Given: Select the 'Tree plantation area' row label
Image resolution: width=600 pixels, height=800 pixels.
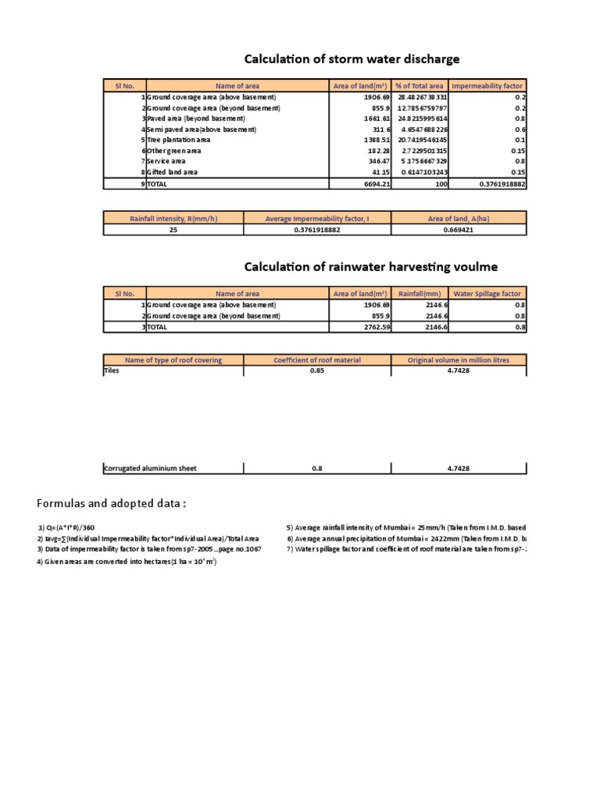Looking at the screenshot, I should (x=179, y=140).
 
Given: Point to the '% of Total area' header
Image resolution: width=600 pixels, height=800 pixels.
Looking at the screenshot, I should (x=420, y=86).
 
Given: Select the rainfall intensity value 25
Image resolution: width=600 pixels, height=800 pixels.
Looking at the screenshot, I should (x=173, y=230).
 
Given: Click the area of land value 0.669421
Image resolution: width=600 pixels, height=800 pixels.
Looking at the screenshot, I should (x=458, y=230).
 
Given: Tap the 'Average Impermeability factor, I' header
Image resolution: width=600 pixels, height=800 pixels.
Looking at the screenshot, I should (x=316, y=219).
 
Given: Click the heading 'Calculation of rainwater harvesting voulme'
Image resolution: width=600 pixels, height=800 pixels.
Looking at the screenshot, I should (x=370, y=267).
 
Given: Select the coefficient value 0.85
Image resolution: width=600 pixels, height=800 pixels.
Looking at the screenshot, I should (x=316, y=371).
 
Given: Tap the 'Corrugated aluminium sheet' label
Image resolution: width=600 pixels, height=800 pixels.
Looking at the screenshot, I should (x=150, y=469).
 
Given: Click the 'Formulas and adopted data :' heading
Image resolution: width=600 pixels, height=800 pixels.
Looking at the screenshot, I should (x=112, y=502).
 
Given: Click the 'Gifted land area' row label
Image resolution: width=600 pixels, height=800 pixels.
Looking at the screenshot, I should (x=173, y=172).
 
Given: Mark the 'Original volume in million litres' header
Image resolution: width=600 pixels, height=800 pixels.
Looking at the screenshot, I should (x=458, y=360).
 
